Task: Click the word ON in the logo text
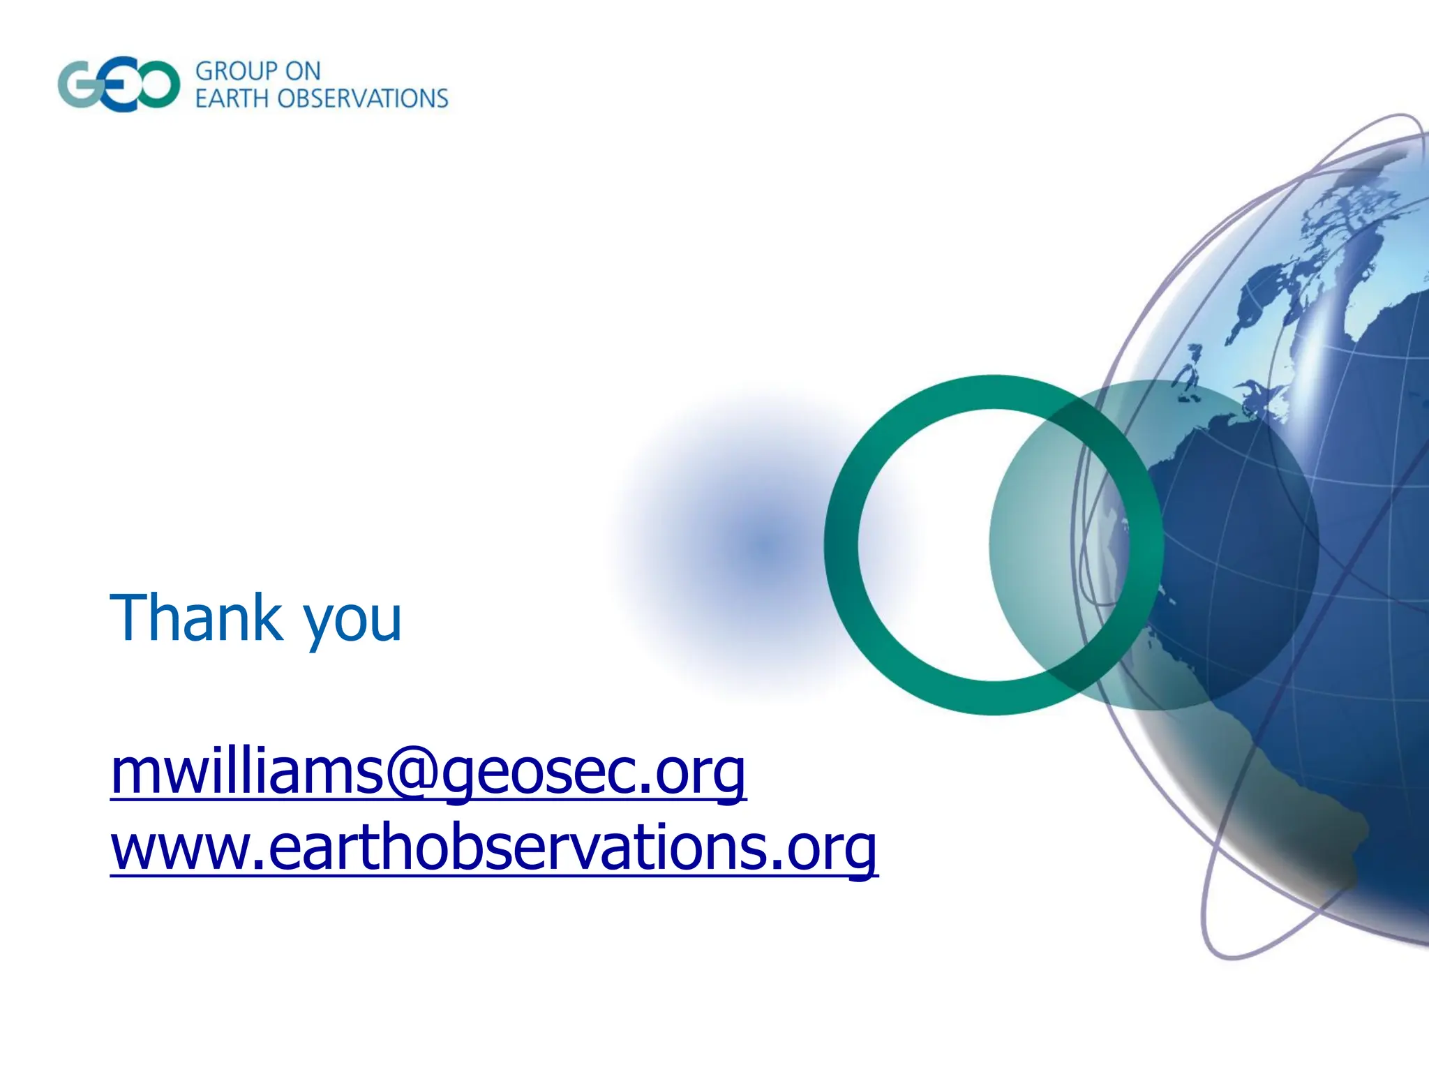(x=302, y=71)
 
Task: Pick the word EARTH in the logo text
(x=232, y=99)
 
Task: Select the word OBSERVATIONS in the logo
(x=363, y=99)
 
